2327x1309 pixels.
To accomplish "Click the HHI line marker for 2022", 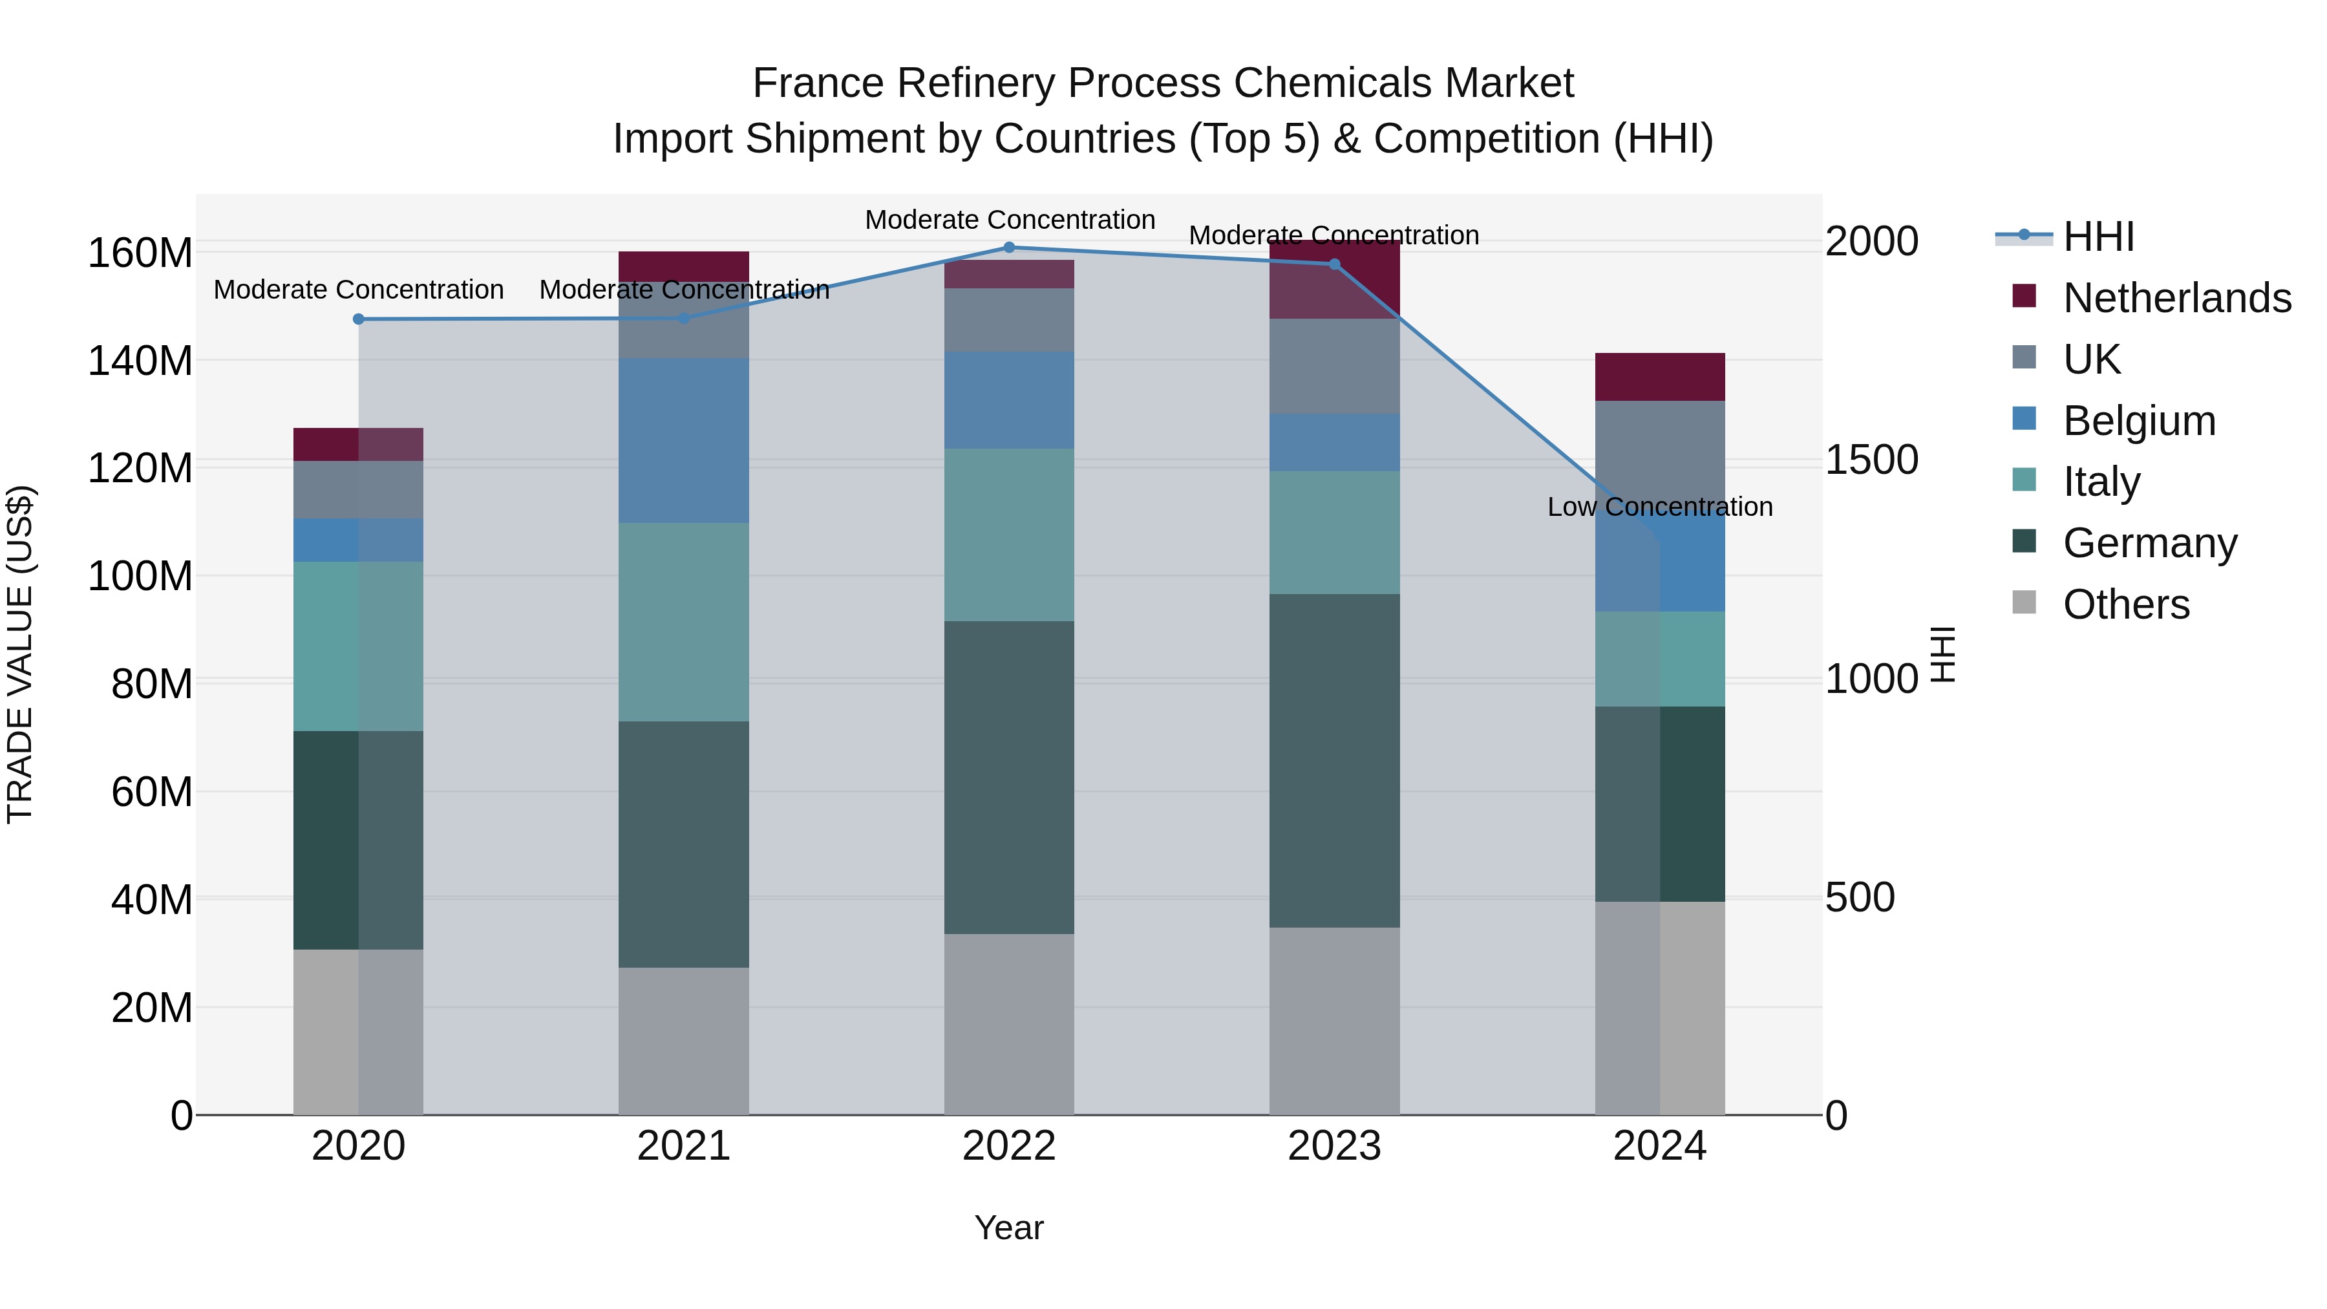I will click(x=1009, y=248).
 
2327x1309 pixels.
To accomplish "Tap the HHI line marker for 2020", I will click(x=359, y=319).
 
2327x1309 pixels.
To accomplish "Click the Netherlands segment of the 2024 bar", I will click(x=1659, y=377).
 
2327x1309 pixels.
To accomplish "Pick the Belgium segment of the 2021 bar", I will click(x=684, y=440).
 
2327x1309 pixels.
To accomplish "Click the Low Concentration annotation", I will click(x=1659, y=507).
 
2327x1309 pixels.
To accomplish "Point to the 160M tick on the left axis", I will click(x=140, y=253).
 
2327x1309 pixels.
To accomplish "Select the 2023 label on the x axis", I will click(x=1334, y=1146).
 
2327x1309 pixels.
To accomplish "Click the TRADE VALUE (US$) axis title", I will click(x=21, y=654).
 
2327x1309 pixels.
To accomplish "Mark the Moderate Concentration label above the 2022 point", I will click(x=1009, y=220).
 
